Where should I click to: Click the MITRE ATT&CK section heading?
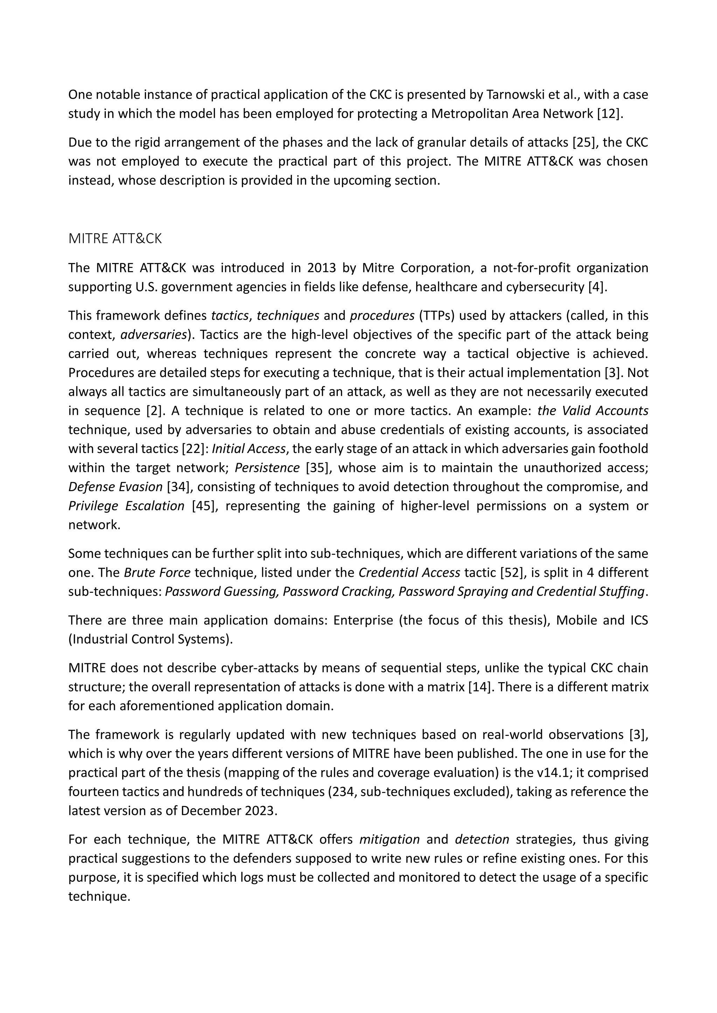[x=115, y=239]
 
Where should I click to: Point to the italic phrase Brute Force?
[x=157, y=573]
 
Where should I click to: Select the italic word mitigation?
[x=389, y=839]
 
